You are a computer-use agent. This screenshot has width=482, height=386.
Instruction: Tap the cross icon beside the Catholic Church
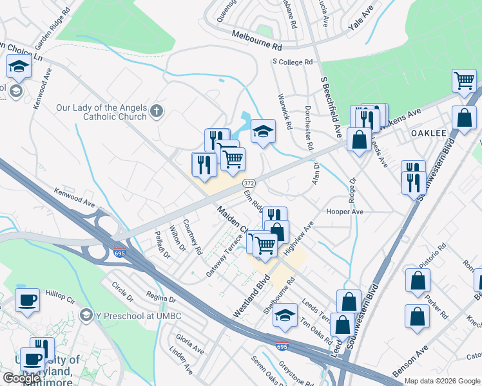pyautogui.click(x=156, y=113)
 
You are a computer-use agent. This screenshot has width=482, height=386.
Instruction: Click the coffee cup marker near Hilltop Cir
pyautogui.click(x=27, y=300)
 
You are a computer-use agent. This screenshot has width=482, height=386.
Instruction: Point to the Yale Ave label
pyautogui.click(x=360, y=19)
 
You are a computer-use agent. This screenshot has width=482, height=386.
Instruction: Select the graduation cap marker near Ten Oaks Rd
pyautogui.click(x=285, y=315)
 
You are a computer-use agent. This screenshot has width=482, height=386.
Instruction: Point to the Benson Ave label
pyautogui.click(x=410, y=362)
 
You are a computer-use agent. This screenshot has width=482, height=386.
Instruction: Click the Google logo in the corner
pyautogui.click(x=21, y=378)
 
